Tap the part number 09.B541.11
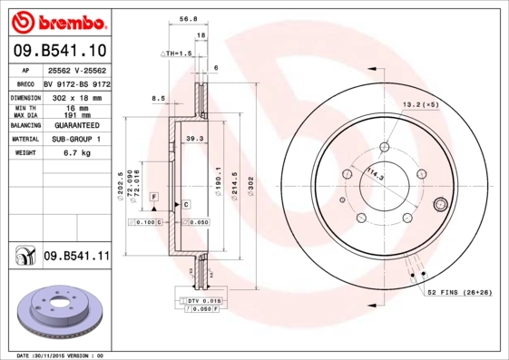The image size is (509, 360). point(76,257)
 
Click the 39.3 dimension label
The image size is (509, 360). point(192,138)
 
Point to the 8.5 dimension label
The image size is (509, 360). point(158,98)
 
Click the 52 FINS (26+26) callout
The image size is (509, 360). point(459,292)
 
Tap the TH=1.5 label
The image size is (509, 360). point(178,54)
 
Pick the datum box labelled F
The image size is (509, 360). point(154,197)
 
